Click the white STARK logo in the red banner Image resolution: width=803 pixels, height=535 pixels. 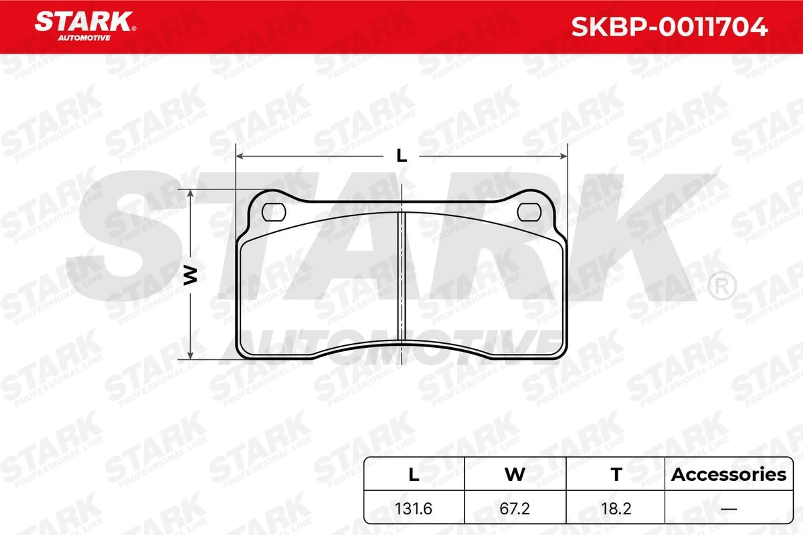(84, 22)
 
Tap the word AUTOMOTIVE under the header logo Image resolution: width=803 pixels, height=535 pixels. (84, 38)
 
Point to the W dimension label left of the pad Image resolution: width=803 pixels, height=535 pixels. (190, 276)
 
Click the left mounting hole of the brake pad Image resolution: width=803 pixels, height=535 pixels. (274, 212)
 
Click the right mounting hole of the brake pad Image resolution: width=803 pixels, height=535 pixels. (529, 212)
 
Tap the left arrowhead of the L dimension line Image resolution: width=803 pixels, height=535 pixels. (239, 156)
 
